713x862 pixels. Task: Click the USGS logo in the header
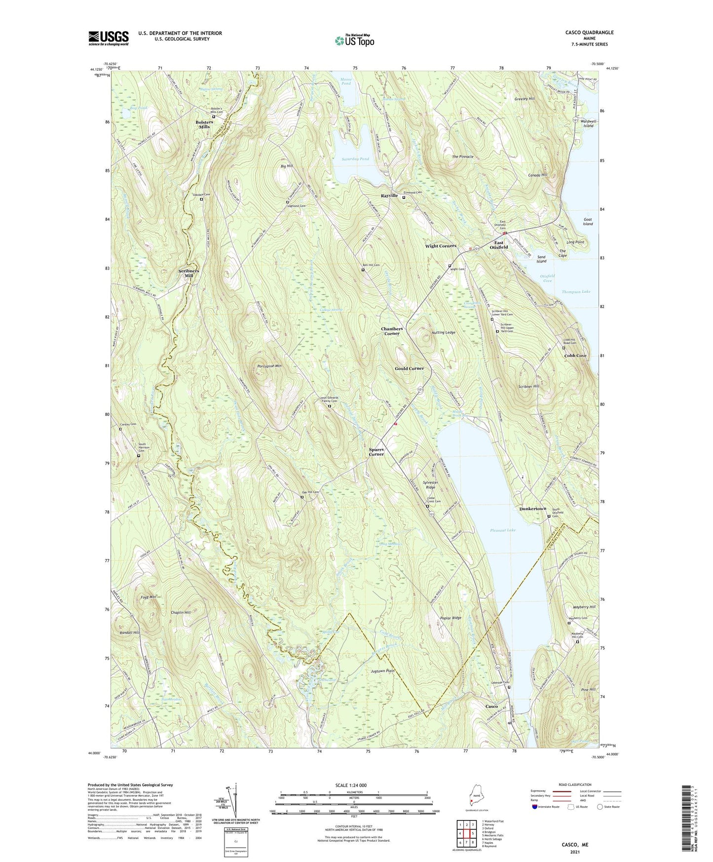tap(108, 38)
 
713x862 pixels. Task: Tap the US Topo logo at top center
tap(354, 40)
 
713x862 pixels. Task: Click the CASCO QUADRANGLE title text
tap(589, 33)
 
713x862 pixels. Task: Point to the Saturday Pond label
tap(355, 159)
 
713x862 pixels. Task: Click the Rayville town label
tap(389, 196)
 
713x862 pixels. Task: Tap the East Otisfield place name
tap(501, 245)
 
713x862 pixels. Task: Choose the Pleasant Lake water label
tap(503, 530)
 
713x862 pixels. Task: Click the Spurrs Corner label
tap(376, 452)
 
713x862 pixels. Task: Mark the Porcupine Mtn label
tap(269, 366)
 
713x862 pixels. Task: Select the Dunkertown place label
tap(532, 509)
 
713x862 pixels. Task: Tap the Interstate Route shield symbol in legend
tap(535, 807)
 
